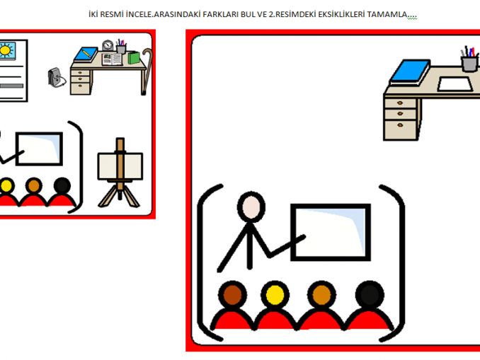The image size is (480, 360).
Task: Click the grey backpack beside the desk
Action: pyautogui.click(x=57, y=77)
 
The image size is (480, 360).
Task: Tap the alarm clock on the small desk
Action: pyautogui.click(x=108, y=45)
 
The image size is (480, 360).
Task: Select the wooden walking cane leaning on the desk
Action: pyautogui.click(x=147, y=71)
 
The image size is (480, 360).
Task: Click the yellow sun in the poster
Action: pyautogui.click(x=6, y=50)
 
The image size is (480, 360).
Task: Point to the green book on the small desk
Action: pyautogui.click(x=134, y=58)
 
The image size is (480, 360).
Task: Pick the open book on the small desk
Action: pyautogui.click(x=112, y=59)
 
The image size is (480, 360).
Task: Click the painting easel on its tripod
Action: pyautogui.click(x=120, y=173)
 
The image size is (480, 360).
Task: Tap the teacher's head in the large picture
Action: pyautogui.click(x=251, y=207)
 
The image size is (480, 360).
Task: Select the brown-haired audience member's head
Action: pyautogui.click(x=232, y=294)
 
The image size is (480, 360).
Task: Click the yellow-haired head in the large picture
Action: pyautogui.click(x=275, y=294)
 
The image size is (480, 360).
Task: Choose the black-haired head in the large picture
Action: pyautogui.click(x=370, y=294)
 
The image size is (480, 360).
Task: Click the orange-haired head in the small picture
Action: pyautogui.click(x=34, y=186)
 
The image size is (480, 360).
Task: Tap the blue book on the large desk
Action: pyautogui.click(x=410, y=72)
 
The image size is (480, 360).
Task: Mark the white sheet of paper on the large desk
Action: pyautogui.click(x=455, y=84)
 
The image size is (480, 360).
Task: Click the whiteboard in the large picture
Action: pyautogui.click(x=331, y=233)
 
